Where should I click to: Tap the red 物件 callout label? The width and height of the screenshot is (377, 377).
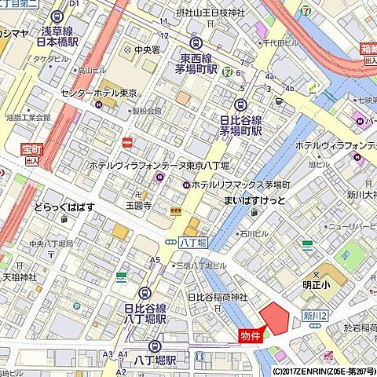click(250, 335)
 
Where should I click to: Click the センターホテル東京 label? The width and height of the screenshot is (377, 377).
click(99, 93)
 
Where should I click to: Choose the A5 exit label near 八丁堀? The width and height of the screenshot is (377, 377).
click(155, 259)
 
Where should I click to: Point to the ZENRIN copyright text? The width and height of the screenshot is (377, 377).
click(324, 371)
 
